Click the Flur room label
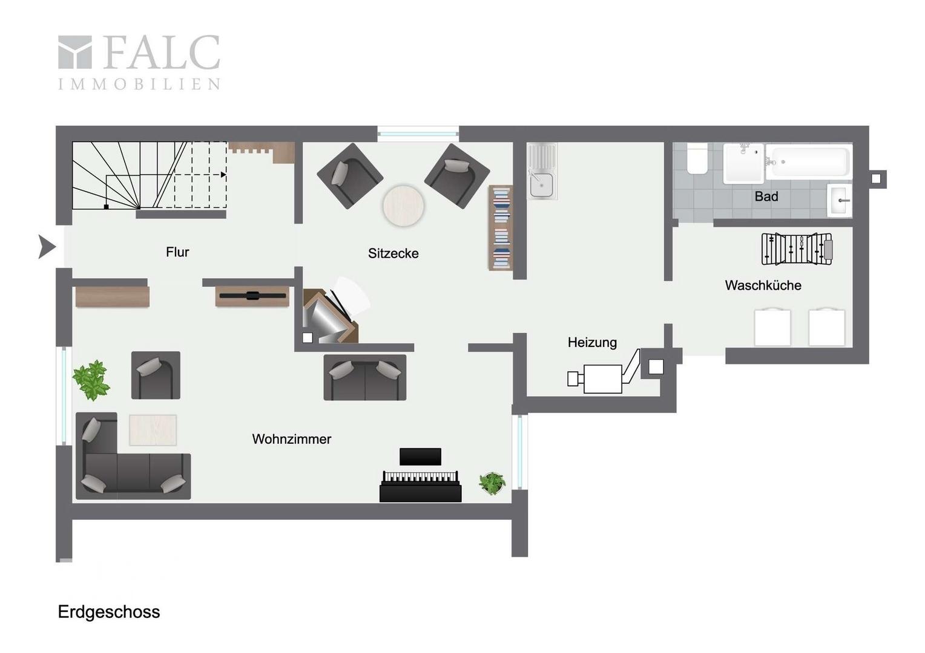click(177, 252)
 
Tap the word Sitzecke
click(393, 253)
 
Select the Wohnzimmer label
click(292, 439)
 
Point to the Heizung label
click(592, 342)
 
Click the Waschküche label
click(763, 285)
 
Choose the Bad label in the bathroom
click(766, 197)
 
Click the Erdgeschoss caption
click(109, 612)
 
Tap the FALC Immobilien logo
click(139, 62)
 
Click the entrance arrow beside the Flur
click(47, 247)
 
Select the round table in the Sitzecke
click(403, 206)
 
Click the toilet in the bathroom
click(697, 159)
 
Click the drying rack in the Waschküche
click(797, 249)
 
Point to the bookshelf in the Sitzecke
click(501, 228)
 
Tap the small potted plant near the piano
click(492, 484)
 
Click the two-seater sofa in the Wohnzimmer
click(364, 377)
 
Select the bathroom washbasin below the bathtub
click(840, 201)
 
